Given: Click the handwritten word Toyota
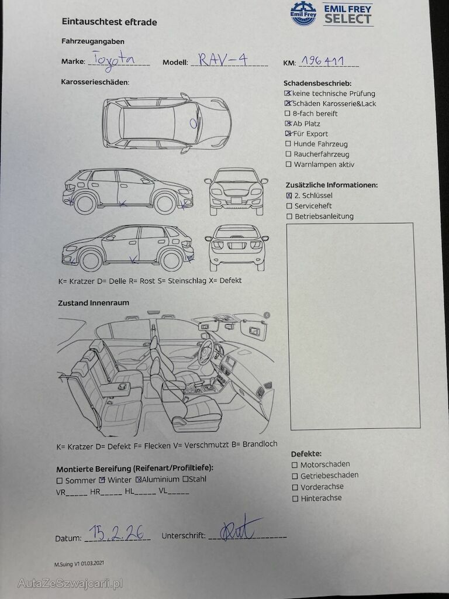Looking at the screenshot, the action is pos(114,60).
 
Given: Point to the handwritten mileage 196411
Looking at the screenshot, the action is pos(323,60).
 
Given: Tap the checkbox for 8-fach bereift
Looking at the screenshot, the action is pos(288,113).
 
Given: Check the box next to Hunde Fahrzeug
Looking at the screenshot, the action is pos(288,144).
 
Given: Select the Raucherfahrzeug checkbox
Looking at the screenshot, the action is pos(288,154).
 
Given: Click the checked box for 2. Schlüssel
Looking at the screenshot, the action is pos(289,195).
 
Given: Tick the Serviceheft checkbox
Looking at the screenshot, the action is pos(289,206).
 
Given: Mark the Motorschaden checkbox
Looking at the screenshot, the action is pos(295,465).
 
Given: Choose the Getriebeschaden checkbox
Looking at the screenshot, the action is pos(295,476).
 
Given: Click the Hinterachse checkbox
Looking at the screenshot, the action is pos(295,498).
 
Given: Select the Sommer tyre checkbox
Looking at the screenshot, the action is pos(60,481).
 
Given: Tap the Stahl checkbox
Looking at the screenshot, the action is pos(185,479).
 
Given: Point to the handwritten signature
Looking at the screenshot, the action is pos(240,528).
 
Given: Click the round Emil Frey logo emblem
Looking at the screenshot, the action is pos(303,13).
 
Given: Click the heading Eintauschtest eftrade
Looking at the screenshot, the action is pos(109,22).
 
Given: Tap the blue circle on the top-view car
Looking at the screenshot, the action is pos(194,123).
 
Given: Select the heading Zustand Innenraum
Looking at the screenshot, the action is pos(94,303).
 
